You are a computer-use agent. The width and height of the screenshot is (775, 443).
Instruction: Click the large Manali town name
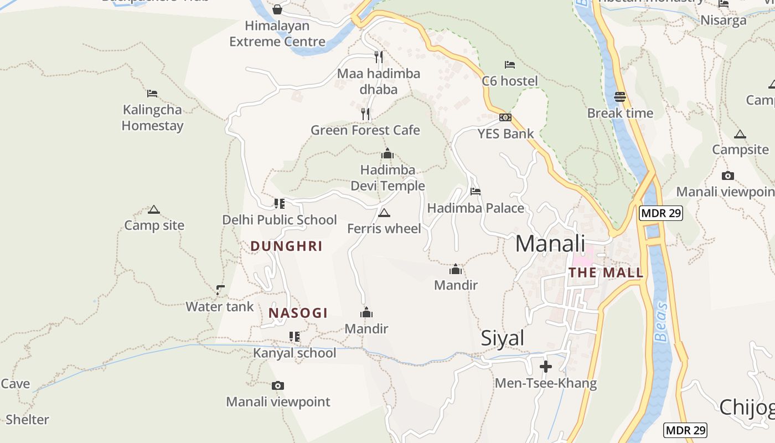[x=550, y=244]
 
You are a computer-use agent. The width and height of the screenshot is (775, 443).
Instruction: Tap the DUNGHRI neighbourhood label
[x=286, y=246]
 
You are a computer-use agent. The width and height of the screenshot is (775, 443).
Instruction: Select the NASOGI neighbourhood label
[x=298, y=313]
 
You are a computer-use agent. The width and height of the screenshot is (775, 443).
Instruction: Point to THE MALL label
[x=606, y=272]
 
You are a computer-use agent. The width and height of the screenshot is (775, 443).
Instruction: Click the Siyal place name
[x=502, y=338]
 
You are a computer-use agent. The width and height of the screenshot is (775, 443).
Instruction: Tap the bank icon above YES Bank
[x=505, y=117]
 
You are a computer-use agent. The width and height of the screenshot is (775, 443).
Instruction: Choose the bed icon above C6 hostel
[x=510, y=65]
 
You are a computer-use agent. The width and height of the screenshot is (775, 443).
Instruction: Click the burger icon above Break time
[x=620, y=97]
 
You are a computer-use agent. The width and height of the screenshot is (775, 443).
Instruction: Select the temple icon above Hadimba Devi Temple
[x=387, y=153]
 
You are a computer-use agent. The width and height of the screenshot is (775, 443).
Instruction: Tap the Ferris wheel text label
[x=384, y=229]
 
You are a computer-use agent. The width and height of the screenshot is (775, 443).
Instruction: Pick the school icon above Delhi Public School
[x=280, y=204]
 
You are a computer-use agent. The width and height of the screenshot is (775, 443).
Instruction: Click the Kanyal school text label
[x=294, y=353]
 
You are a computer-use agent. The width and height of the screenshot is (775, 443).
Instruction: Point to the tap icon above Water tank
[x=220, y=290]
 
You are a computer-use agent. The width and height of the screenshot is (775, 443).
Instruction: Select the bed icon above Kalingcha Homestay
[x=152, y=94]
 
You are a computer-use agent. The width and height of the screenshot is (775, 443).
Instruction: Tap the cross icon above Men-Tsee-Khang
[x=546, y=367]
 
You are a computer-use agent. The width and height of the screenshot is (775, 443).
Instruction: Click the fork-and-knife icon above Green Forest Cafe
[x=365, y=114]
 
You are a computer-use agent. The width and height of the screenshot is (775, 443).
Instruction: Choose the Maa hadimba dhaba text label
[x=379, y=81]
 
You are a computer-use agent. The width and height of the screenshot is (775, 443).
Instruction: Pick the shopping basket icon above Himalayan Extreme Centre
[x=277, y=9]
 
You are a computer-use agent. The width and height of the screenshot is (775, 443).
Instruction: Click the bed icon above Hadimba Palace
[x=476, y=192]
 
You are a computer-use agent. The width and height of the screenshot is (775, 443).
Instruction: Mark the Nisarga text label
[x=724, y=20]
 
